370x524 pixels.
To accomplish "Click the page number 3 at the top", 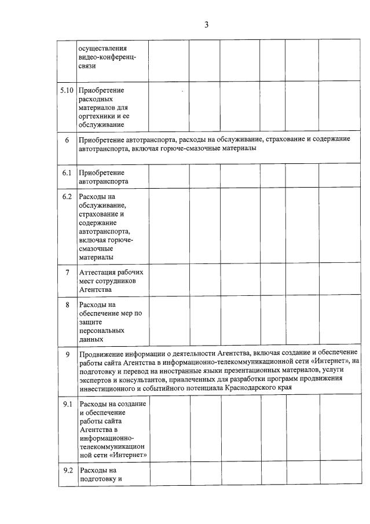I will (x=206, y=24).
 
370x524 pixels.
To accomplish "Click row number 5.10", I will (x=67, y=90).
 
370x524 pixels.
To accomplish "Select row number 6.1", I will (x=67, y=173).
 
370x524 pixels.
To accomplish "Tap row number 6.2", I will (x=67, y=197).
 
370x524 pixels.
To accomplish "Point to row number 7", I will (x=67, y=272).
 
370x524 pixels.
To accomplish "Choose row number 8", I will (x=67, y=305).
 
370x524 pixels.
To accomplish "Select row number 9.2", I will (x=67, y=470).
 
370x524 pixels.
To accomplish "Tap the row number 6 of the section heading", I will (x=67, y=140).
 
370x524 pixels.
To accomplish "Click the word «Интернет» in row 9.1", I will (x=127, y=455).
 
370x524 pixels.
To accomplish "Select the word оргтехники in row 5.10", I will (x=96, y=116).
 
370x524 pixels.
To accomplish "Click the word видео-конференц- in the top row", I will (x=107, y=57).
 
